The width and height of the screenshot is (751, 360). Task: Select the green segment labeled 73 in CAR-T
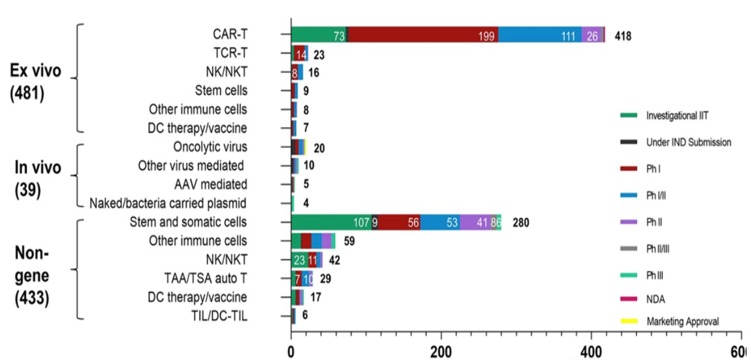tap(319, 35)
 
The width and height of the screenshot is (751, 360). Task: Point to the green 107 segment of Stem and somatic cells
tap(331, 222)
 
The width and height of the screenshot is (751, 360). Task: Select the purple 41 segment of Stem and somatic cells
tap(467, 222)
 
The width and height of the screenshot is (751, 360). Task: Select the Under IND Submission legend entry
tap(688, 142)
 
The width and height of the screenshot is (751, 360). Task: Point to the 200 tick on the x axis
tap(441, 353)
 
